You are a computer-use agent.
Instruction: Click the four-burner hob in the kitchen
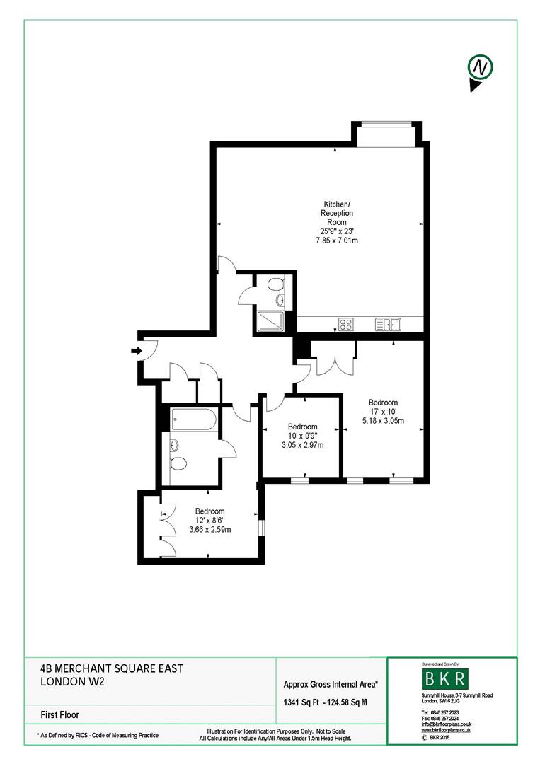coord(346,325)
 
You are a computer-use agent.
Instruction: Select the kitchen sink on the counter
coord(389,325)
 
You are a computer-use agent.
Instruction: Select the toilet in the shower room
coord(276,284)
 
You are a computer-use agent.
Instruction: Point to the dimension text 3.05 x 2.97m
coord(302,445)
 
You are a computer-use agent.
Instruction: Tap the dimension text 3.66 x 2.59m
coord(209,529)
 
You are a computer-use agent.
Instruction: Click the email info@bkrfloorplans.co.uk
coord(446,724)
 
